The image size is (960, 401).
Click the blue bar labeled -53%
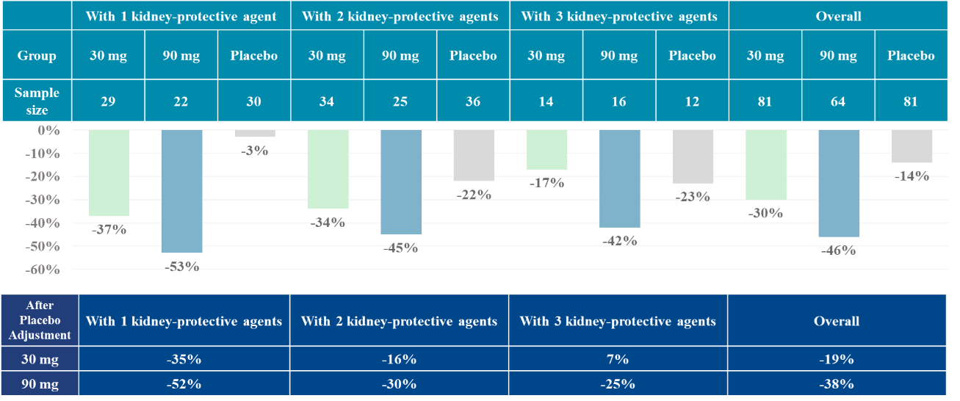(x=181, y=191)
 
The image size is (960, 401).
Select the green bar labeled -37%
(x=109, y=173)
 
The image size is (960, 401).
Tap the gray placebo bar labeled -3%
(x=255, y=134)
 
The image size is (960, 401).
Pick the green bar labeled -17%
(x=546, y=150)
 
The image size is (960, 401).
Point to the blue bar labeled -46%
(x=839, y=184)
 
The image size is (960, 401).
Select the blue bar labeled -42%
(x=619, y=178)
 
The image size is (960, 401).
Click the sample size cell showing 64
(x=838, y=102)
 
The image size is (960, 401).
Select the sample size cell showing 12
(x=692, y=102)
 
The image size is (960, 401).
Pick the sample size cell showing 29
(x=108, y=102)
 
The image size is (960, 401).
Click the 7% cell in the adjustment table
(x=618, y=360)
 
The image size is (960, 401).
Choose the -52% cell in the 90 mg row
(x=184, y=384)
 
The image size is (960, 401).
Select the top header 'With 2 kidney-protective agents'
(x=400, y=15)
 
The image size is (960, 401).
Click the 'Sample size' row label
(x=36, y=102)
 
